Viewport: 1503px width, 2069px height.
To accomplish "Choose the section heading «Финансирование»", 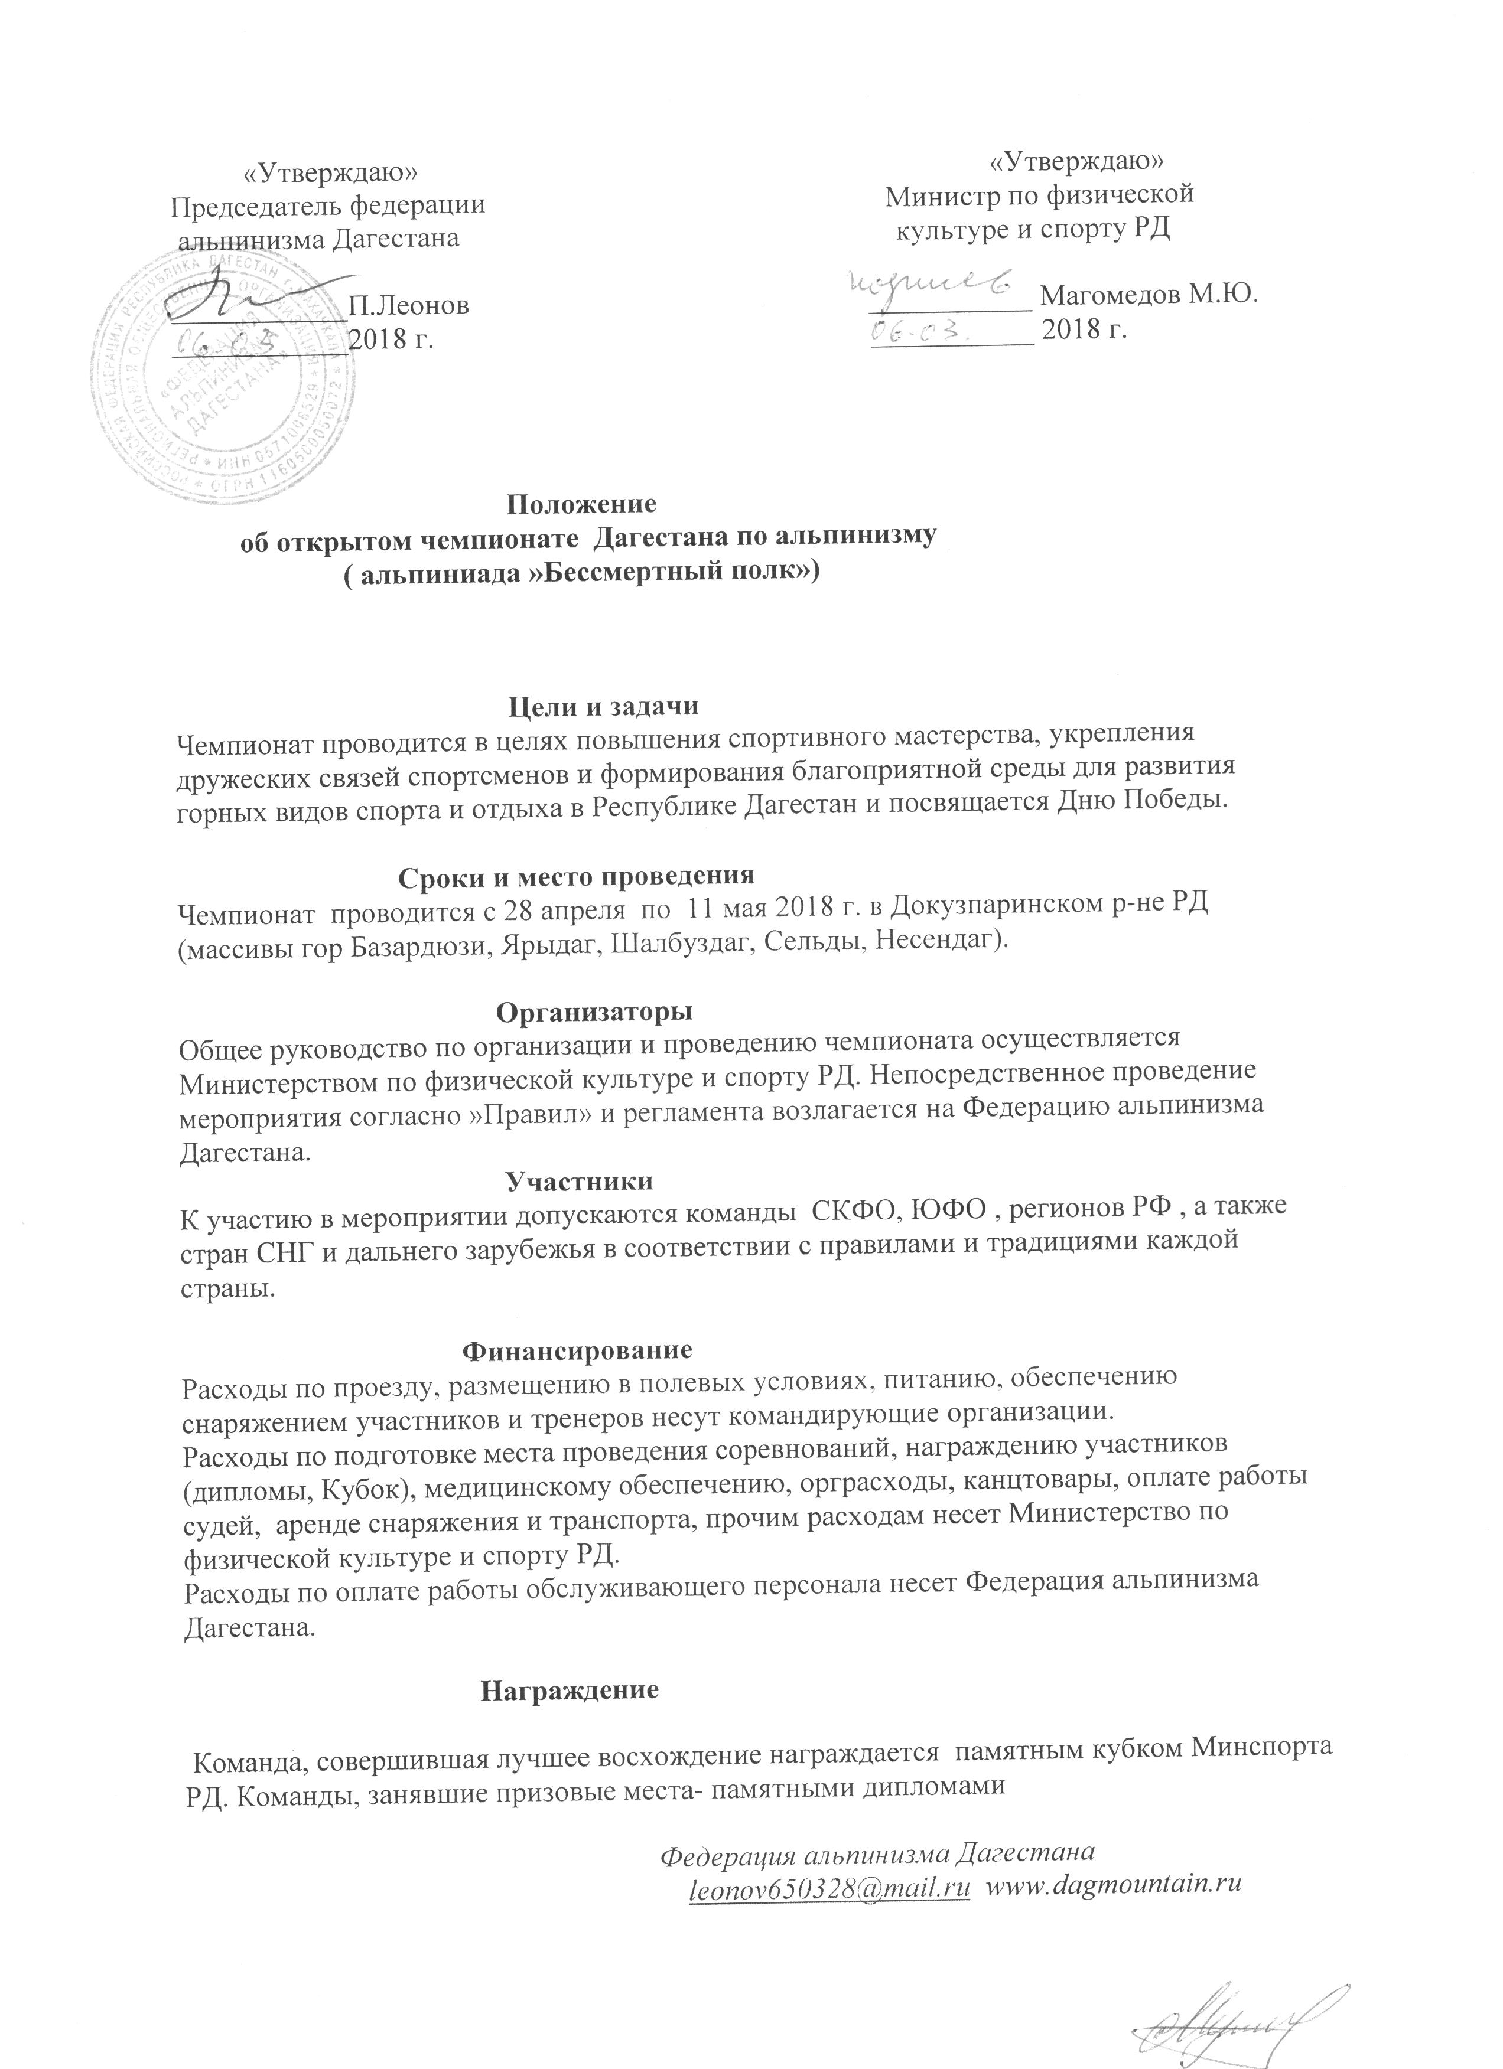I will click(578, 1349).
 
